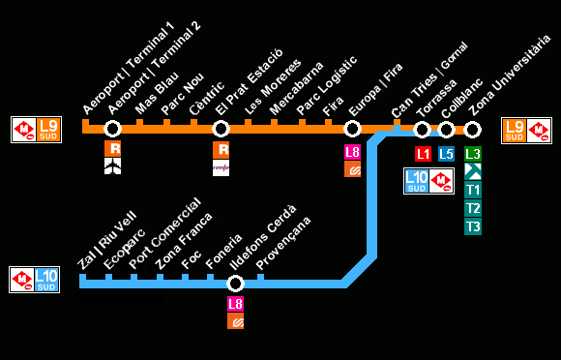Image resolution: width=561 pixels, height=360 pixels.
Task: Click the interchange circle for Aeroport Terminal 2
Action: (112, 129)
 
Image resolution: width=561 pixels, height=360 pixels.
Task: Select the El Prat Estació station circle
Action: (221, 129)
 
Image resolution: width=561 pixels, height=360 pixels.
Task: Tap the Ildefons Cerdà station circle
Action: (235, 284)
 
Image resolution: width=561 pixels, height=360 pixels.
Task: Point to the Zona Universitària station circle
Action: (472, 129)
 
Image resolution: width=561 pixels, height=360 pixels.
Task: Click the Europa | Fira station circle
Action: (352, 129)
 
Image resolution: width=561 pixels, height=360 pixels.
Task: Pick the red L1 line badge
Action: (423, 154)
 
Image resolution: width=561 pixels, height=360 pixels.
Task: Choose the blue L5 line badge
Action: (446, 154)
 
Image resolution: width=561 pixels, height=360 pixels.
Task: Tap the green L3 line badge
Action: (472, 154)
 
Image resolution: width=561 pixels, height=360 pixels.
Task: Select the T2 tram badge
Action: (472, 208)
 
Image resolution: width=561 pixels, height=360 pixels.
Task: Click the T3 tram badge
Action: (472, 226)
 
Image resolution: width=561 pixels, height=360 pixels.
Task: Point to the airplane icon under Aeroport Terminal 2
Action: (113, 166)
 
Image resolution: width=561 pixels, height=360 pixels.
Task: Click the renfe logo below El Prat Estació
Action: (221, 167)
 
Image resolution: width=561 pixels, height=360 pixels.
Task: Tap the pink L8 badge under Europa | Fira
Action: (352, 152)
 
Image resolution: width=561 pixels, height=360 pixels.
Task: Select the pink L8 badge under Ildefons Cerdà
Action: (235, 304)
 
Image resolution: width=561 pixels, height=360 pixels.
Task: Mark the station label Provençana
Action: (283, 243)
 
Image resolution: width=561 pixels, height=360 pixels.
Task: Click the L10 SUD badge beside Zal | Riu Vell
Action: (46, 280)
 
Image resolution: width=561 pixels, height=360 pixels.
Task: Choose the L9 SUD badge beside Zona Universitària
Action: (515, 131)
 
